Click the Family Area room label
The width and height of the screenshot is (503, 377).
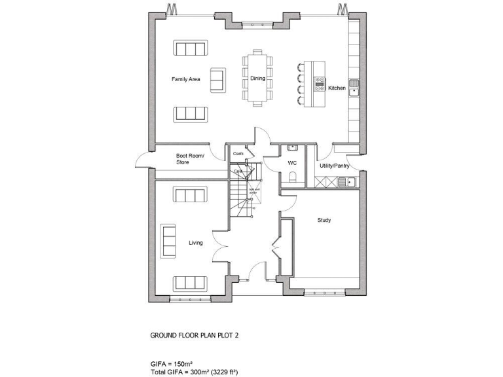(185, 79)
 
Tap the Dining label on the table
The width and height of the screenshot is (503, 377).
(257, 79)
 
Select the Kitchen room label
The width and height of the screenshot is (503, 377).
(337, 88)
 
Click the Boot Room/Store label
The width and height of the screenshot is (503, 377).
(190, 158)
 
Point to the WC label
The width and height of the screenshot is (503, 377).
(292, 162)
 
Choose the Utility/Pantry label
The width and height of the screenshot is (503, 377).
(335, 166)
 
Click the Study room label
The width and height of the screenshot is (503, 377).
(324, 221)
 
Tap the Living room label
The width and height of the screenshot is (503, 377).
(196, 243)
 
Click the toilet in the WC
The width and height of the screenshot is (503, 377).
(293, 175)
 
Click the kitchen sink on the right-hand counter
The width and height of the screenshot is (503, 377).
(354, 86)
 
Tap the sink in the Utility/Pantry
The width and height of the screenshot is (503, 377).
(350, 182)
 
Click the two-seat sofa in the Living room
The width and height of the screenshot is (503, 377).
(168, 240)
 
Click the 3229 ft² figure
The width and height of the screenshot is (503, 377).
(223, 371)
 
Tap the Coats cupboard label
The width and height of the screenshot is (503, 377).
(238, 154)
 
